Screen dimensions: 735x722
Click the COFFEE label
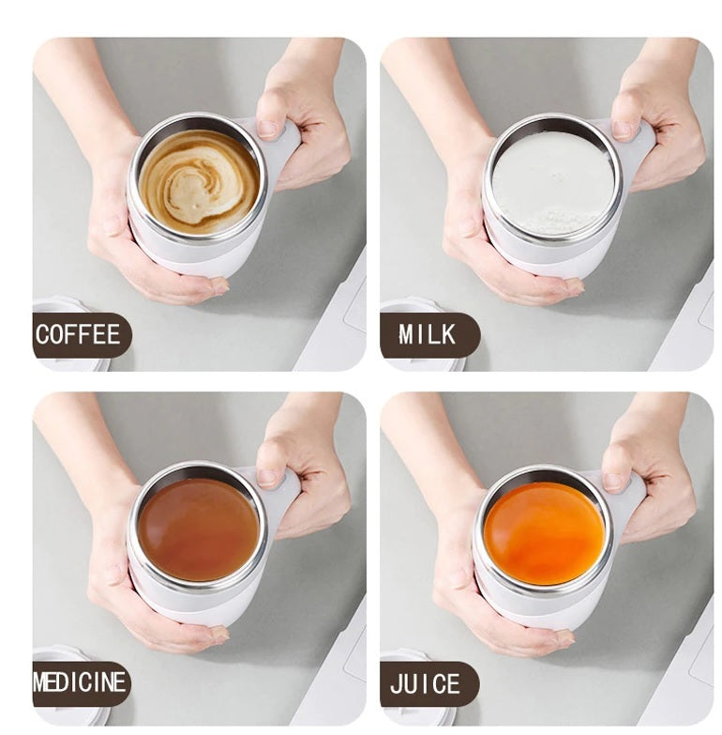coord(79,335)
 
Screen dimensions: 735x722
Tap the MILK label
coord(428,335)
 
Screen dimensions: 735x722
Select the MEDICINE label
coord(79,683)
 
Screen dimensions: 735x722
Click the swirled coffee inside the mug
coord(199,181)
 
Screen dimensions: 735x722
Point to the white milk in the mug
coord(553,181)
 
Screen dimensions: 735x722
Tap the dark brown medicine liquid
coord(198,528)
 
